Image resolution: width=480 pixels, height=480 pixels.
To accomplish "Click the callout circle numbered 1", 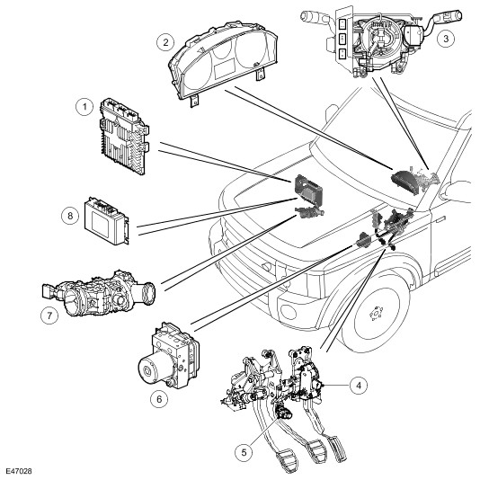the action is pos(84,107).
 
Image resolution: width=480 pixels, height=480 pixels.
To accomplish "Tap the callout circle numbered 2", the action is pos(165,42).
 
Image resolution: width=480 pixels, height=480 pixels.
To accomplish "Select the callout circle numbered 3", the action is pos(446,39).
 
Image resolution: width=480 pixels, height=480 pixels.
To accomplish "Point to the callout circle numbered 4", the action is pos(359,385).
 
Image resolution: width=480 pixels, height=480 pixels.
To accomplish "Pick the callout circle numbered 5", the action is pos(244,452).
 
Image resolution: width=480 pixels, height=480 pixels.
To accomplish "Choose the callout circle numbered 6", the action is pos(159,399).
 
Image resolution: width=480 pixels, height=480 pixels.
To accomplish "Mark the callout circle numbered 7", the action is pos(49,316).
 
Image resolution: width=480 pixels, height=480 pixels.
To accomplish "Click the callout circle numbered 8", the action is pos(70,216).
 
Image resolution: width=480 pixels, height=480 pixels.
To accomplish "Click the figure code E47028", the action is pos(19,471).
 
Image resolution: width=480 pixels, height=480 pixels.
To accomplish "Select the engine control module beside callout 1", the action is pos(125,136).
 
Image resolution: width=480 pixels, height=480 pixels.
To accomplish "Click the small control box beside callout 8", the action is pos(107,220).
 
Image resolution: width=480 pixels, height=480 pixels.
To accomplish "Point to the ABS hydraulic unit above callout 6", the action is pos(168,355).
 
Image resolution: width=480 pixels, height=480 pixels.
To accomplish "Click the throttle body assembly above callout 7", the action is pos(99,293).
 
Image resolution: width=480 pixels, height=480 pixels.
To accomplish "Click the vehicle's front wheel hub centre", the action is pos(376,314).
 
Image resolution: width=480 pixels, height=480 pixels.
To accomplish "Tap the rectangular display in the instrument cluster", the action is pos(225,67).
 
